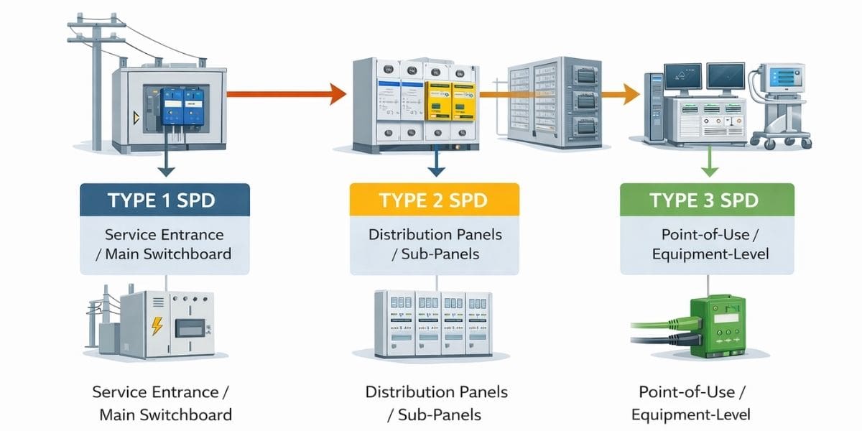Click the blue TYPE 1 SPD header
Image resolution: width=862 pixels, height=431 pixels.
[x=165, y=200]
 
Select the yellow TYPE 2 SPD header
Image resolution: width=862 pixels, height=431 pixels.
[x=435, y=200]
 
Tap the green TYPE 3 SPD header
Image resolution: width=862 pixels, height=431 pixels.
[x=707, y=200]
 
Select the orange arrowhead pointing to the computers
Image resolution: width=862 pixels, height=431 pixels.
[x=631, y=93]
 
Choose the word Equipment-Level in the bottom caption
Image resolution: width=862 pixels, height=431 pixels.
[x=691, y=414]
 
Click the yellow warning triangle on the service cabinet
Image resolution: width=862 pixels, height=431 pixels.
[x=134, y=117]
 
